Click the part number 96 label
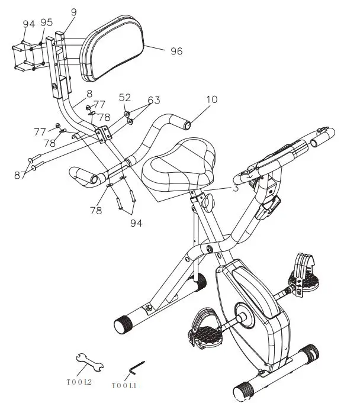click(176, 51)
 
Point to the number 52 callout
click(125, 98)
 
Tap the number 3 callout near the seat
click(236, 188)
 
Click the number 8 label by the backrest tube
click(89, 94)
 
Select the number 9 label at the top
click(73, 11)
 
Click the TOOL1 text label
click(124, 385)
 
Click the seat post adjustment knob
click(207, 202)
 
